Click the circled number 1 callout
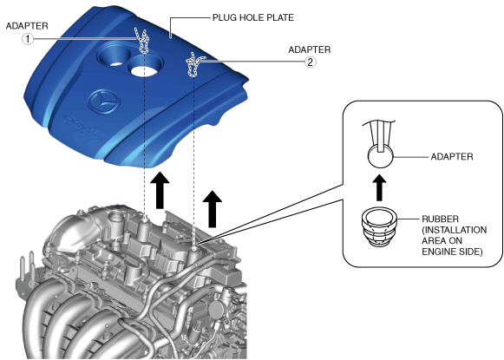point(28,39)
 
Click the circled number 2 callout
point(311,62)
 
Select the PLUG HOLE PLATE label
point(253,17)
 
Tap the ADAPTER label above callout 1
point(27,26)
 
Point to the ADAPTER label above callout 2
point(309,49)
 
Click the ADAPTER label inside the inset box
point(452,157)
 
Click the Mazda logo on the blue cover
point(104,102)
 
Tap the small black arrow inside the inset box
point(379,188)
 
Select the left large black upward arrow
point(160,190)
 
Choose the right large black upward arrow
point(213,209)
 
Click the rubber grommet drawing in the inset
point(379,227)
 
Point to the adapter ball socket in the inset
point(381,155)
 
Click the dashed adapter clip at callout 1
point(142,41)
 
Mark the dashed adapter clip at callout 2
point(193,65)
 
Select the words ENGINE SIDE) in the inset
point(452,252)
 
